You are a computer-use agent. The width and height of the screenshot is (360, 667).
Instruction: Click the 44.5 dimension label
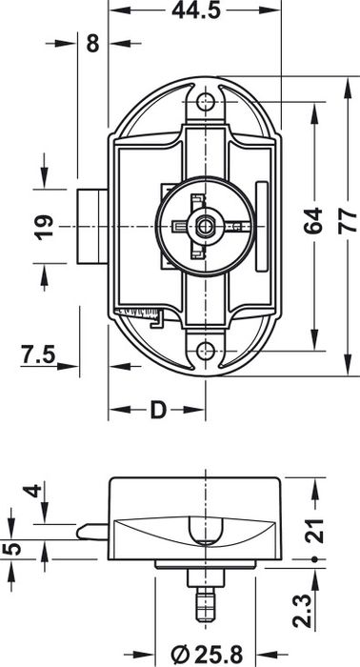coord(196,10)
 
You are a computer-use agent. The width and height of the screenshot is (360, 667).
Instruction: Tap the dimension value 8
coord(92,43)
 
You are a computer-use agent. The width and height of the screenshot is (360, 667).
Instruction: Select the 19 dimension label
coord(45,227)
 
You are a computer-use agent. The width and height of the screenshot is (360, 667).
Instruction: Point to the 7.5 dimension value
coord(39,354)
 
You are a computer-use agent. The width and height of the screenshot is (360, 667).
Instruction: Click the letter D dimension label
coord(158,410)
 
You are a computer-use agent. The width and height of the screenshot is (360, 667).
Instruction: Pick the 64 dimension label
coord(313,221)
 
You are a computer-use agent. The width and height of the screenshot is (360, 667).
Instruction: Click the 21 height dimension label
coord(314,531)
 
